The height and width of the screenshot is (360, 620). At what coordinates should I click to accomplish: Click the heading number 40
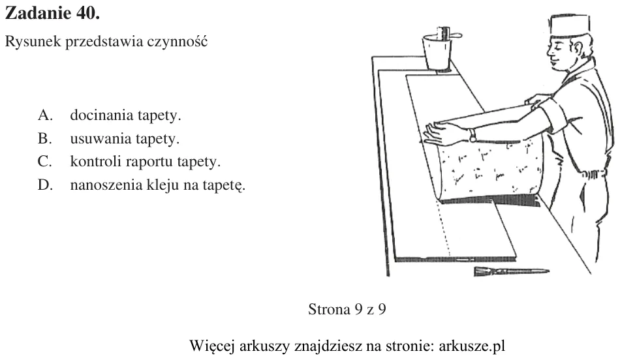[86, 13]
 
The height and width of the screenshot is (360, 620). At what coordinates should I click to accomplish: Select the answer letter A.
[45, 115]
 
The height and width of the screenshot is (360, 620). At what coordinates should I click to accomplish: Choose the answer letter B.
[44, 138]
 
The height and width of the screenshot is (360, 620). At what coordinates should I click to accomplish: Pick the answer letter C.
[44, 161]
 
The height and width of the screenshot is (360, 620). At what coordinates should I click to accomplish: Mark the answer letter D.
[45, 185]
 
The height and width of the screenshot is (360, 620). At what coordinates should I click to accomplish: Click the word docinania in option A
[102, 115]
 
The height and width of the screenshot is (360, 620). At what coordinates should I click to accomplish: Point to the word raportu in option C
[149, 162]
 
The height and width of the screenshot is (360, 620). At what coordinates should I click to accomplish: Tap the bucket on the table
[437, 52]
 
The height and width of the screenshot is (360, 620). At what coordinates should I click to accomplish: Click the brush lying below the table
[511, 271]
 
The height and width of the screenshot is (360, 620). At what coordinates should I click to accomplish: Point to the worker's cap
[569, 25]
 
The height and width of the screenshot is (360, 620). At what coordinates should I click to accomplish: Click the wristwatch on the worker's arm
[473, 135]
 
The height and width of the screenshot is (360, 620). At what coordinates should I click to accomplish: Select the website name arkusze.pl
[472, 346]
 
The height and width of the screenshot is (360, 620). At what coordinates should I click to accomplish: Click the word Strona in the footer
[329, 309]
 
